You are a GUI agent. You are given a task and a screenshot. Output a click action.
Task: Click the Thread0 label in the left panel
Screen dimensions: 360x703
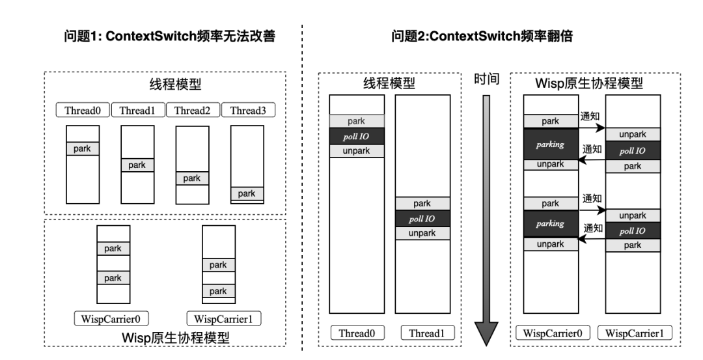coord(83,110)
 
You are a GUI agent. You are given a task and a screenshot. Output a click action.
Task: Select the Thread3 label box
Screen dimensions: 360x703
coord(248,110)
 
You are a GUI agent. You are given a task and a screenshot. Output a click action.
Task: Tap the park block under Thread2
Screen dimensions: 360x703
coord(192,178)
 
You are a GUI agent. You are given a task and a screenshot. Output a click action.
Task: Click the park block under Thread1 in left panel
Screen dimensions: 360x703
coord(137,165)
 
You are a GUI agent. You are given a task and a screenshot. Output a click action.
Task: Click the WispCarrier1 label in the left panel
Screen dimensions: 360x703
coord(219,319)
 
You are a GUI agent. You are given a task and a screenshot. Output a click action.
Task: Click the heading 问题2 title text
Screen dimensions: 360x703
coord(482,37)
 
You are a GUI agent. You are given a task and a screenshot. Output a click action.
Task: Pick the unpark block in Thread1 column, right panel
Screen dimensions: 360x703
coord(422,233)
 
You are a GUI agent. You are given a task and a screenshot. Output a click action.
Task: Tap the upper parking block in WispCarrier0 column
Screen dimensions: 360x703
coord(551,143)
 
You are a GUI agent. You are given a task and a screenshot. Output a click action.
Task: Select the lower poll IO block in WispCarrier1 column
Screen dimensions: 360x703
coord(633,230)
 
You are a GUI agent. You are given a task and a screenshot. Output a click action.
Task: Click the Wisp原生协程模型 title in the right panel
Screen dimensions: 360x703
coord(589,84)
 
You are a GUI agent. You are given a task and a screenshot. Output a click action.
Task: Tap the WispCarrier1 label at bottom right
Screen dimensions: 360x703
coord(635,333)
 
